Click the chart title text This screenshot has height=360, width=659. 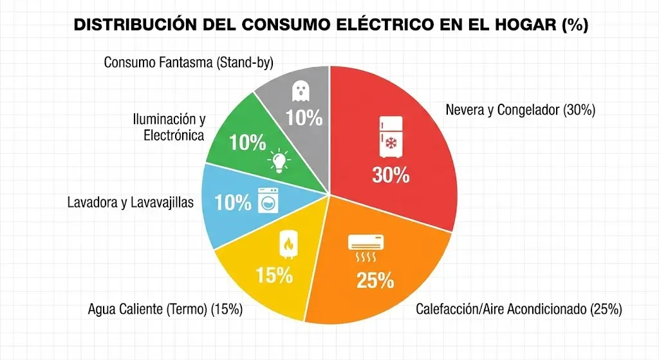pos(329,25)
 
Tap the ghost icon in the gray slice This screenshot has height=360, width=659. pos(300,91)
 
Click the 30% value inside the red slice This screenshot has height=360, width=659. pos(390,175)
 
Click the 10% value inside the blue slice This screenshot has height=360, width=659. pos(232,203)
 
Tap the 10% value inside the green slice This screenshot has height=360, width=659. pos(247,143)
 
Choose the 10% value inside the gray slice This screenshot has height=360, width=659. pos(304,118)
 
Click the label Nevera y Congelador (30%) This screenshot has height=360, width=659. pos(520,110)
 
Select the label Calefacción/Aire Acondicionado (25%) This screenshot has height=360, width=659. pos(519,309)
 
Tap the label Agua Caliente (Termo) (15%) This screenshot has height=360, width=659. pos(165,309)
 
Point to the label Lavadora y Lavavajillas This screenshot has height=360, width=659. pos(130,203)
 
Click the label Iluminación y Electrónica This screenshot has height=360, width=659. pos(169,127)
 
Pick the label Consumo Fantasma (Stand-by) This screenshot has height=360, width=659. pos(189,62)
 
